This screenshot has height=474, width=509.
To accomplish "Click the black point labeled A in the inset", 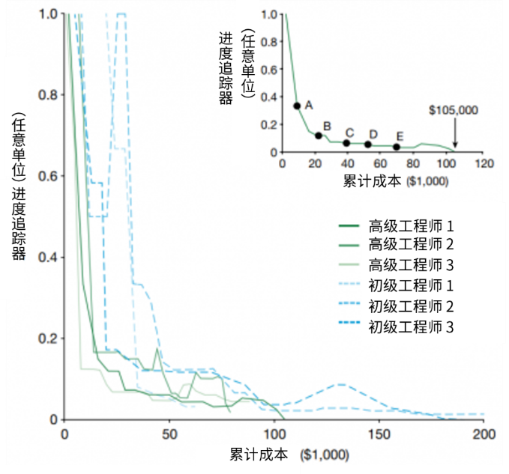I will point(297,106).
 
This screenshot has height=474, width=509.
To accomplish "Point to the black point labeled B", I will point(319,136).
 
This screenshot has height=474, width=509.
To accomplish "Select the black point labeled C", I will point(346,142).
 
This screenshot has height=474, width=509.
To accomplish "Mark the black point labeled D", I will point(368,144).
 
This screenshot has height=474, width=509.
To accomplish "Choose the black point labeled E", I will point(397,146).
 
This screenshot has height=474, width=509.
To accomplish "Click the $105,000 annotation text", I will point(454,109).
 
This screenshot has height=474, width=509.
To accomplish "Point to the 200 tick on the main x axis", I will point(484,434).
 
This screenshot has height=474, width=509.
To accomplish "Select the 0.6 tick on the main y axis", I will point(52,176).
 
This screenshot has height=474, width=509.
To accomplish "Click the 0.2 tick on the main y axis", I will point(52,338).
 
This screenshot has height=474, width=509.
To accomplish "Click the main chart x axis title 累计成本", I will point(259,454).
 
